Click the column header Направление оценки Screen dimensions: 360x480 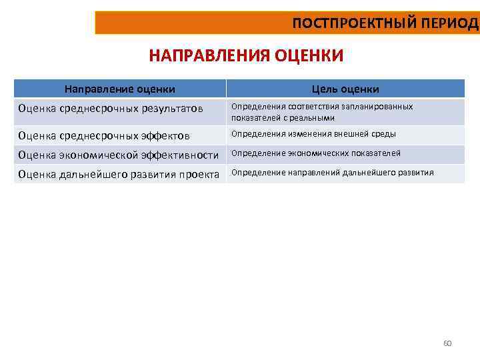pos(120,89)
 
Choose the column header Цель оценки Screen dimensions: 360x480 pos(345,89)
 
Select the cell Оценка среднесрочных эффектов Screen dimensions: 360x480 pos(104,135)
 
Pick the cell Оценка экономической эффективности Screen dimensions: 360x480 pos(119,155)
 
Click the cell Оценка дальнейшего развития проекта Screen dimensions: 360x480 pos(119,174)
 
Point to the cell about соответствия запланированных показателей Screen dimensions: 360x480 pos(322,112)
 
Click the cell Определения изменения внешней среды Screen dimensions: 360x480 pos(313,134)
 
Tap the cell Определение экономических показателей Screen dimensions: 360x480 pos(316,153)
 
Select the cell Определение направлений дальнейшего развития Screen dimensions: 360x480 pos(332,173)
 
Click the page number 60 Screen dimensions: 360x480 pos(447,343)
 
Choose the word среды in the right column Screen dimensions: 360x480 pos(386,134)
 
